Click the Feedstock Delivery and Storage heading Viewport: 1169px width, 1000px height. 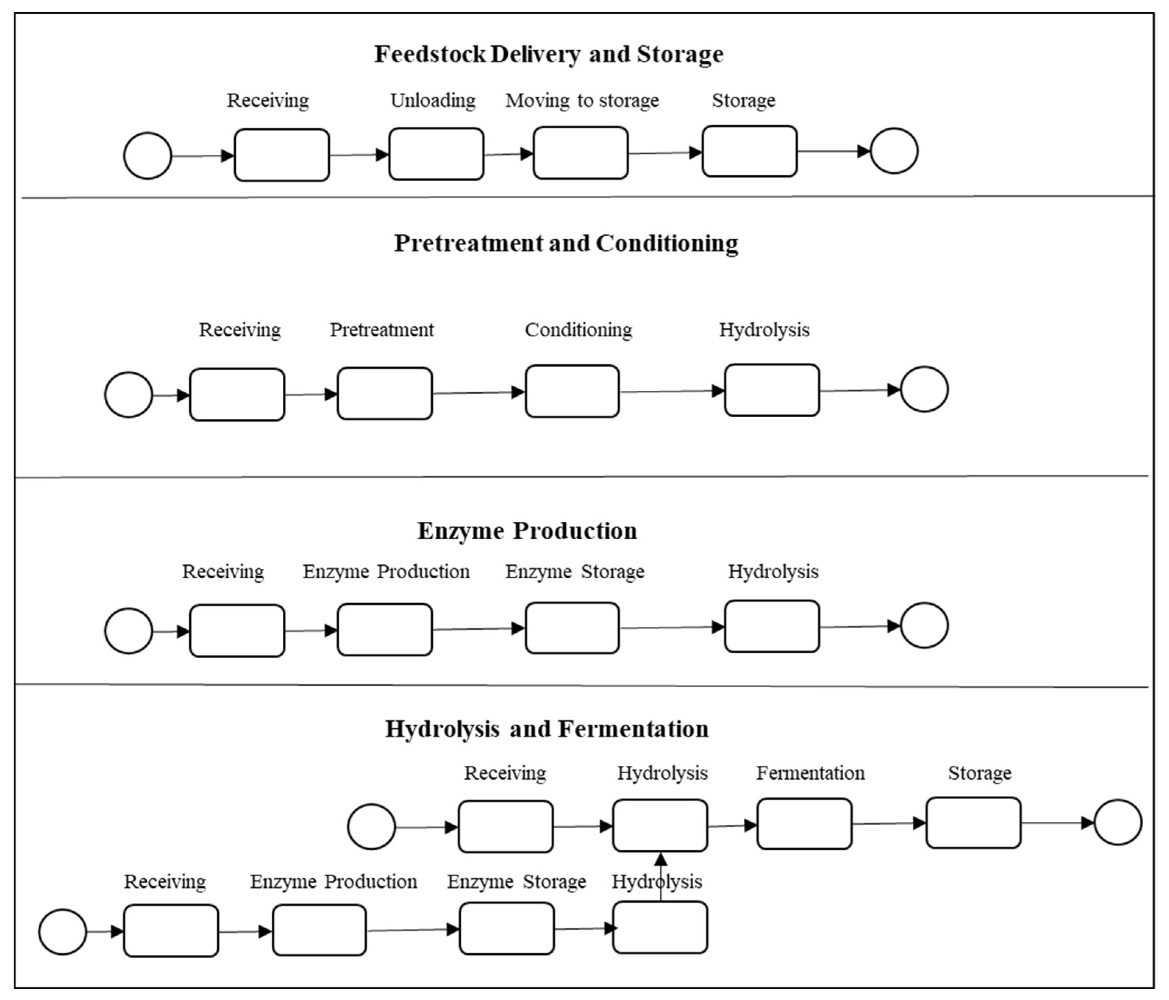(x=548, y=54)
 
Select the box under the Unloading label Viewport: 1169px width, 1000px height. (x=436, y=154)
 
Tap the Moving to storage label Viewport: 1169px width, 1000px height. (x=582, y=100)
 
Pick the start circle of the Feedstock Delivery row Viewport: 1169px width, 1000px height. (x=148, y=156)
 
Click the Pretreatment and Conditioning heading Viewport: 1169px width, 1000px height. (x=566, y=243)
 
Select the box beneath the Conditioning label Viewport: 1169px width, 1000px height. (x=572, y=391)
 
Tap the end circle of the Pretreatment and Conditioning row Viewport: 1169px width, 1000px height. (x=924, y=389)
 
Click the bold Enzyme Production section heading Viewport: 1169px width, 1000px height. (x=527, y=531)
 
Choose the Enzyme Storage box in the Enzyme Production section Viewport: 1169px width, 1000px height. (x=572, y=628)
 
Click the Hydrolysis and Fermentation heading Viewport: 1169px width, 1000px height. (x=547, y=729)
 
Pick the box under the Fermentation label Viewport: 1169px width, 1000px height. (x=804, y=824)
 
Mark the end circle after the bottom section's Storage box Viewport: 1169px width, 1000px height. (x=1118, y=822)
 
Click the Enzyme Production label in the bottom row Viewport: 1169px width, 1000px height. (x=333, y=882)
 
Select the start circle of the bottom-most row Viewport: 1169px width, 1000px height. (x=62, y=932)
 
